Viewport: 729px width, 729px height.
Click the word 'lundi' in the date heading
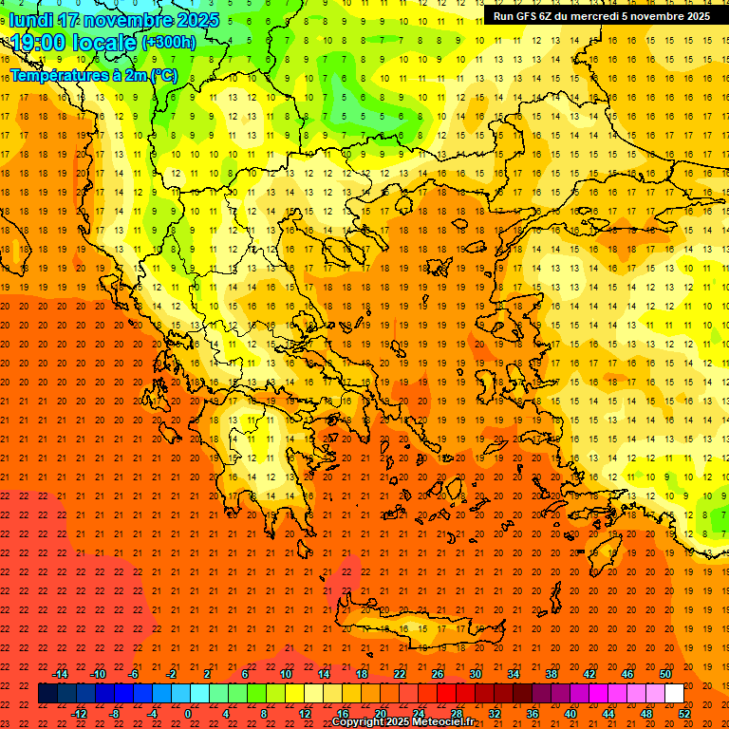pos(30,20)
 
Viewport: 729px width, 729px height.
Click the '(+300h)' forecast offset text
pos(169,43)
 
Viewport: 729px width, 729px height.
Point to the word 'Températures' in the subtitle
pos(61,74)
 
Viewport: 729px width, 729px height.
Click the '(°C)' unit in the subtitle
pos(162,74)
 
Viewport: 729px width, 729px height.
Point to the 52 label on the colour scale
pos(684,713)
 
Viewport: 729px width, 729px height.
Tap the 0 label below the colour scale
pos(188,713)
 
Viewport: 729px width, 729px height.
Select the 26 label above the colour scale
pos(437,674)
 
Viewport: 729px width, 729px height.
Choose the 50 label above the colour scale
pos(665,674)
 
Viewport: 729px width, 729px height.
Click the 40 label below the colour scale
pos(570,713)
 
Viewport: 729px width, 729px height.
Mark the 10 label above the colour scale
pos(285,674)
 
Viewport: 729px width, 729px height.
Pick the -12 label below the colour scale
pos(79,713)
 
